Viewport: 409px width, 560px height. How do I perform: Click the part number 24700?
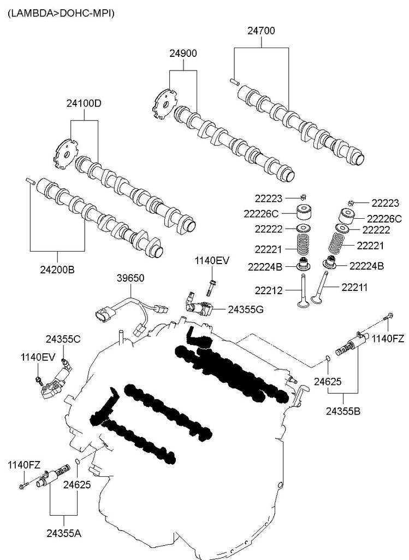261,32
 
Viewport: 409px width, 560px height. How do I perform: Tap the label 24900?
183,54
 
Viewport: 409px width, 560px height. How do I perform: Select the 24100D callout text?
84,103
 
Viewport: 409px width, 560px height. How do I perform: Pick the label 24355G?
246,310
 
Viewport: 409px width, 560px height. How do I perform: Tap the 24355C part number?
63,339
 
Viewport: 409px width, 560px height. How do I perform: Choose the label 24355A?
63,532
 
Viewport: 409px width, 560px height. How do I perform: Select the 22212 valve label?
268,290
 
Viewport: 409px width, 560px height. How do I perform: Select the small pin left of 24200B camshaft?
31,180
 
